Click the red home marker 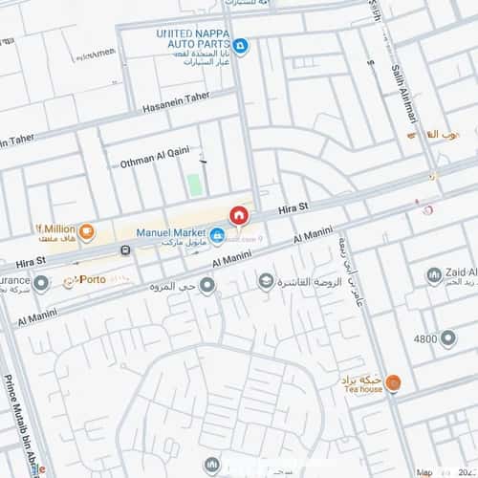click(x=238, y=216)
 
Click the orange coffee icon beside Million click(x=86, y=230)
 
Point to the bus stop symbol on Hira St click(x=126, y=250)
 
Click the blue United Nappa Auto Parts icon click(x=241, y=45)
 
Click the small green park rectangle click(x=195, y=184)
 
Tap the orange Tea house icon click(x=394, y=383)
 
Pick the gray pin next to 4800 click(x=448, y=338)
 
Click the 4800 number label click(x=425, y=339)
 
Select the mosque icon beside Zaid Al click(x=433, y=276)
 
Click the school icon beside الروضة click(x=265, y=281)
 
